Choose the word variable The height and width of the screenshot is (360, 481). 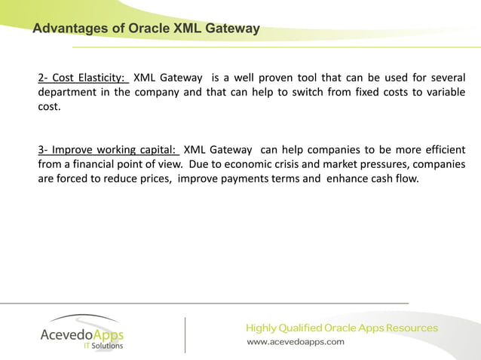[445, 92]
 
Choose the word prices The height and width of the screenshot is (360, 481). [153, 178]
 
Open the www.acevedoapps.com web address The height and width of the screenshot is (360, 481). [296, 342]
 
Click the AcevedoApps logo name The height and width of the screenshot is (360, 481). [82, 334]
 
